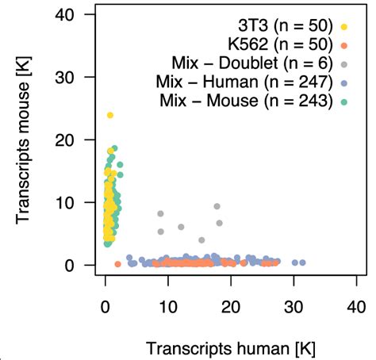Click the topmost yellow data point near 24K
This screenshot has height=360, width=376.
[x=110, y=115]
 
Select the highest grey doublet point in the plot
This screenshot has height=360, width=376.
[x=217, y=206]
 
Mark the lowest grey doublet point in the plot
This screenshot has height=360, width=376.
[x=201, y=239]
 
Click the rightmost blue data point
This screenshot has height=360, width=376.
[x=302, y=262]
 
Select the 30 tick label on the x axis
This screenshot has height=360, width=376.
[x=294, y=305]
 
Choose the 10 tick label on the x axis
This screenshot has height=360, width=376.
[x=167, y=305]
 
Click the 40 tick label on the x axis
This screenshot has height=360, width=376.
[x=356, y=305]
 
